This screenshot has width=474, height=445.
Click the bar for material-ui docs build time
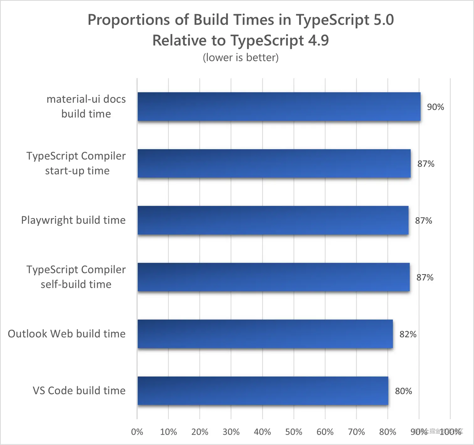279,107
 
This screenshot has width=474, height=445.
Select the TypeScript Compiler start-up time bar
274,164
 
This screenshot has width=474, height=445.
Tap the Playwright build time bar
273,220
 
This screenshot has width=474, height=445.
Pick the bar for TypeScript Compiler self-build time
273,277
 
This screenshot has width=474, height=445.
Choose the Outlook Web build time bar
265,334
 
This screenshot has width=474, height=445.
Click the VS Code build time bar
263,391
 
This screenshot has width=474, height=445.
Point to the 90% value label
435,107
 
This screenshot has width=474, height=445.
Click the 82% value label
408,334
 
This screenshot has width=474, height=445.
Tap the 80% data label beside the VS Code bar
403,391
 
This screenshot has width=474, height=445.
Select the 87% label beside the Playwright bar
423,221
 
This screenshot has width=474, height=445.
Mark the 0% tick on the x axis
137,432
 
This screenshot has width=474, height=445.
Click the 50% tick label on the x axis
293,432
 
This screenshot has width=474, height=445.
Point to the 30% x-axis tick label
231,432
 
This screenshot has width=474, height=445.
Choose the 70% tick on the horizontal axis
356,432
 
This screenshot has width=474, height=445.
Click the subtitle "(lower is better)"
240,58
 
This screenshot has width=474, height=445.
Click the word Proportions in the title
129,20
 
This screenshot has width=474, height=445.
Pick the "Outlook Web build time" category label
66,334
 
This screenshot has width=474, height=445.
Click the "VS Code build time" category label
79,391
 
